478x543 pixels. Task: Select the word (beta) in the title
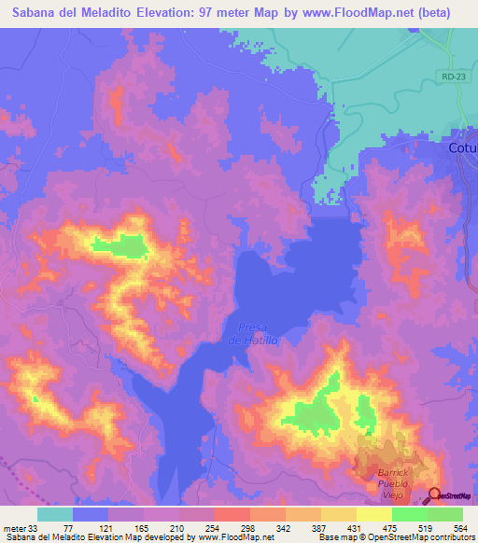[x=431, y=13]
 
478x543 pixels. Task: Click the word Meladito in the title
[x=98, y=13]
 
